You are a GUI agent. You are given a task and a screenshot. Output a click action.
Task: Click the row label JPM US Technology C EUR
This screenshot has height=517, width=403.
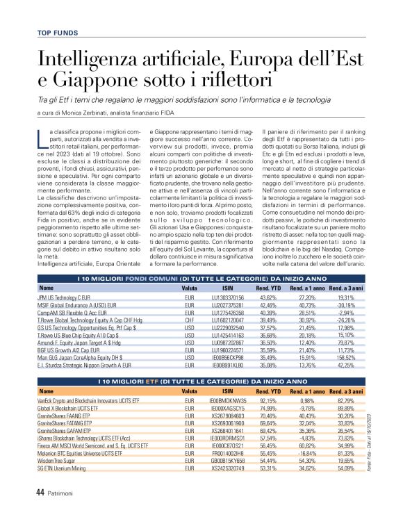click(x=65, y=297)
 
